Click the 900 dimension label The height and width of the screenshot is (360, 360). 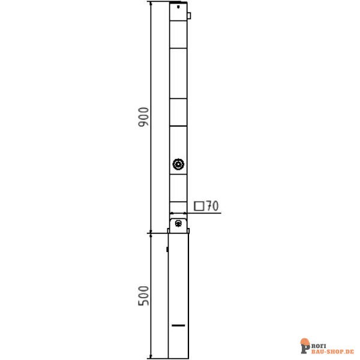pyautogui.click(x=143, y=117)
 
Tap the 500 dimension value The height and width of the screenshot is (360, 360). pyautogui.click(x=143, y=296)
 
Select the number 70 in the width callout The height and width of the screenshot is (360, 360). pyautogui.click(x=212, y=206)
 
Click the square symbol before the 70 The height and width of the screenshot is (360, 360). pyautogui.click(x=199, y=206)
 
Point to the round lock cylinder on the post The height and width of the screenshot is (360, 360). pyautogui.click(x=178, y=164)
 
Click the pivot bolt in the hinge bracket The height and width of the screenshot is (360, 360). pyautogui.click(x=178, y=223)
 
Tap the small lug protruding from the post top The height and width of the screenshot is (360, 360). pyautogui.click(x=189, y=16)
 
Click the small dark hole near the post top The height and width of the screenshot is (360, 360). pyautogui.click(x=178, y=7)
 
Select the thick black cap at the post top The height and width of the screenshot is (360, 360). pyautogui.click(x=178, y=2)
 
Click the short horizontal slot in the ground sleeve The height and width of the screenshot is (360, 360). pyautogui.click(x=178, y=325)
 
